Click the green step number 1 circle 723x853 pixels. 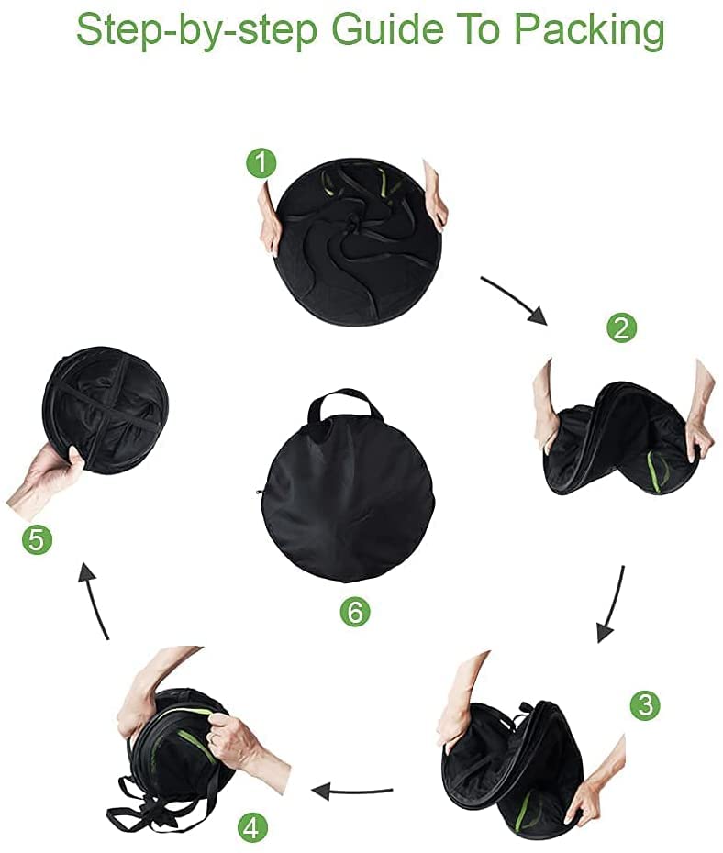(x=261, y=162)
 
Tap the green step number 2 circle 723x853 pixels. (x=621, y=328)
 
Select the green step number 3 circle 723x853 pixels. (x=645, y=705)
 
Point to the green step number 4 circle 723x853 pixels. (x=252, y=828)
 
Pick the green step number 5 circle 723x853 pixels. (x=37, y=541)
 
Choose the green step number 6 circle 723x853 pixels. (x=355, y=612)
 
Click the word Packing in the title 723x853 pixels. (x=589, y=30)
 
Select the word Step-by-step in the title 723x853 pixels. (x=197, y=31)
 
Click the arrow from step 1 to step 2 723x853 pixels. (x=514, y=298)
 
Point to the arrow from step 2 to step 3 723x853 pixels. (x=613, y=604)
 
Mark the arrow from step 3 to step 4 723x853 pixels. (x=352, y=791)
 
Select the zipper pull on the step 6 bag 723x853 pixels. (x=259, y=493)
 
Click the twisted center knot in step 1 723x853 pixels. (x=353, y=223)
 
